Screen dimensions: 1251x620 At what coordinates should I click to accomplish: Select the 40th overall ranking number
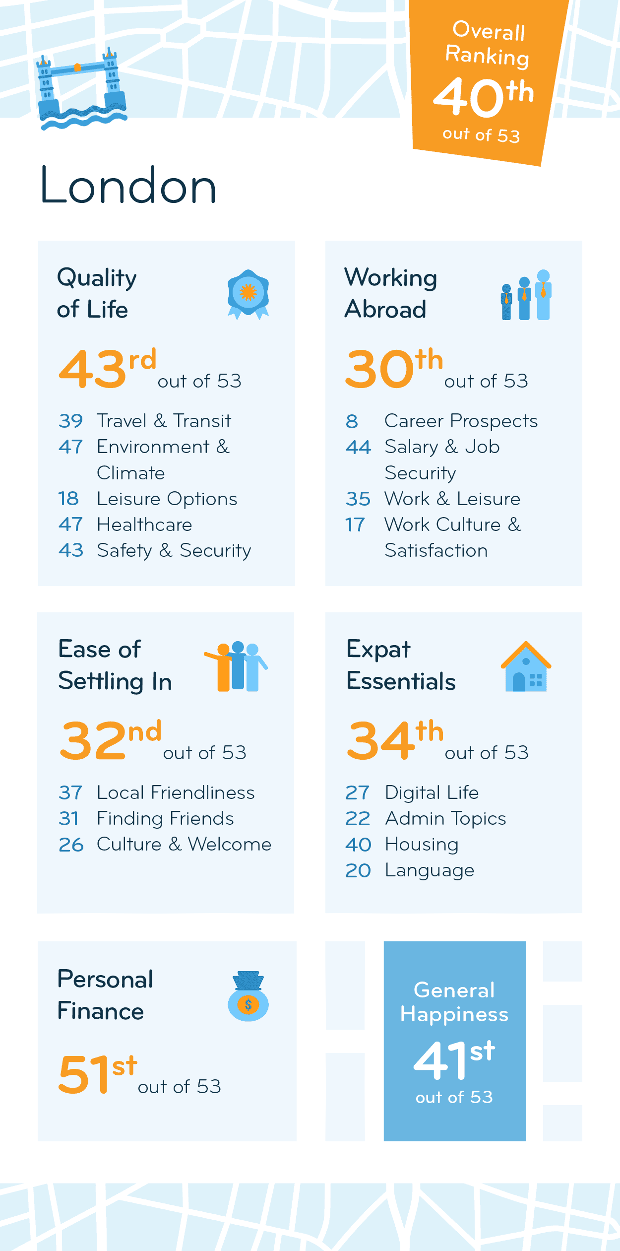point(484,96)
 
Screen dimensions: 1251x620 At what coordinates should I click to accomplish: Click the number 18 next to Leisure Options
point(68,498)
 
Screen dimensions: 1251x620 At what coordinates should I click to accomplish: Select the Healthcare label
point(144,525)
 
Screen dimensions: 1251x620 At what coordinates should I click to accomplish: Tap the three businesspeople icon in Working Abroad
point(526,295)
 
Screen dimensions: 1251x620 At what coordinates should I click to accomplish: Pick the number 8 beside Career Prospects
point(352,421)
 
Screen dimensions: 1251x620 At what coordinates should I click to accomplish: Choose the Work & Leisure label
point(452,499)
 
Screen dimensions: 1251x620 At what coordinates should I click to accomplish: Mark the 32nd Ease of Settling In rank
point(110,740)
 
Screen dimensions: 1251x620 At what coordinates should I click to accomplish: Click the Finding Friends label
point(165,818)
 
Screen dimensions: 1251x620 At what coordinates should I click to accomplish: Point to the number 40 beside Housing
point(358,845)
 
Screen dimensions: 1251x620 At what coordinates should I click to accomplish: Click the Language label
point(430,870)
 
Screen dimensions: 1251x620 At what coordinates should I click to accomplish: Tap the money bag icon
point(248,996)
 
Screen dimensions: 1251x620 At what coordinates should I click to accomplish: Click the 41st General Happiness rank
point(454,1059)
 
